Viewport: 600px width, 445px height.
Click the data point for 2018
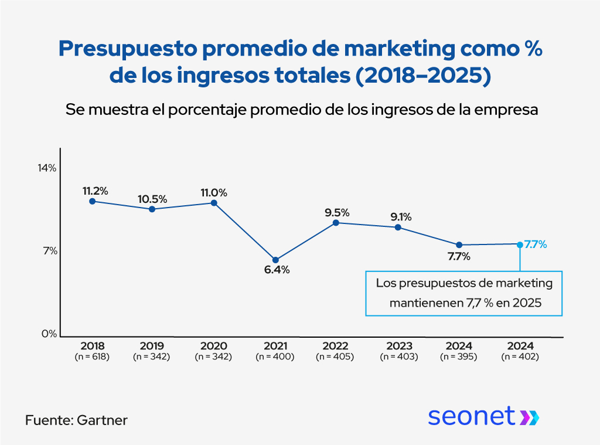[x=92, y=201]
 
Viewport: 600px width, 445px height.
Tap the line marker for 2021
[x=275, y=260]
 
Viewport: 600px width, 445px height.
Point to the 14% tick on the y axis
[x=47, y=168]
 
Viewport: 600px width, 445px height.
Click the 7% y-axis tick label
[x=49, y=251]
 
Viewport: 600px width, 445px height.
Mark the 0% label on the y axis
[x=49, y=334]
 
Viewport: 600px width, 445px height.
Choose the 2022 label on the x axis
[x=335, y=346]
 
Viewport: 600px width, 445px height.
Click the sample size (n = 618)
[x=91, y=356]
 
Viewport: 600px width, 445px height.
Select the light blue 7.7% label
[x=536, y=244]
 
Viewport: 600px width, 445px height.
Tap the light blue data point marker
[x=520, y=244]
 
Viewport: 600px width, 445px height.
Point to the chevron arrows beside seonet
[x=530, y=417]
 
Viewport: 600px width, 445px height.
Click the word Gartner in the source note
[x=102, y=420]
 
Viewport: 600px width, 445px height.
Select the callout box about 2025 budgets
[x=463, y=293]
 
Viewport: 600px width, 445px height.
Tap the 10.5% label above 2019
[x=152, y=199]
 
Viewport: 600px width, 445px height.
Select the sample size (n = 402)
[x=520, y=356]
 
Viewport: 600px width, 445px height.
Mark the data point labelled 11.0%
[x=214, y=203]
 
